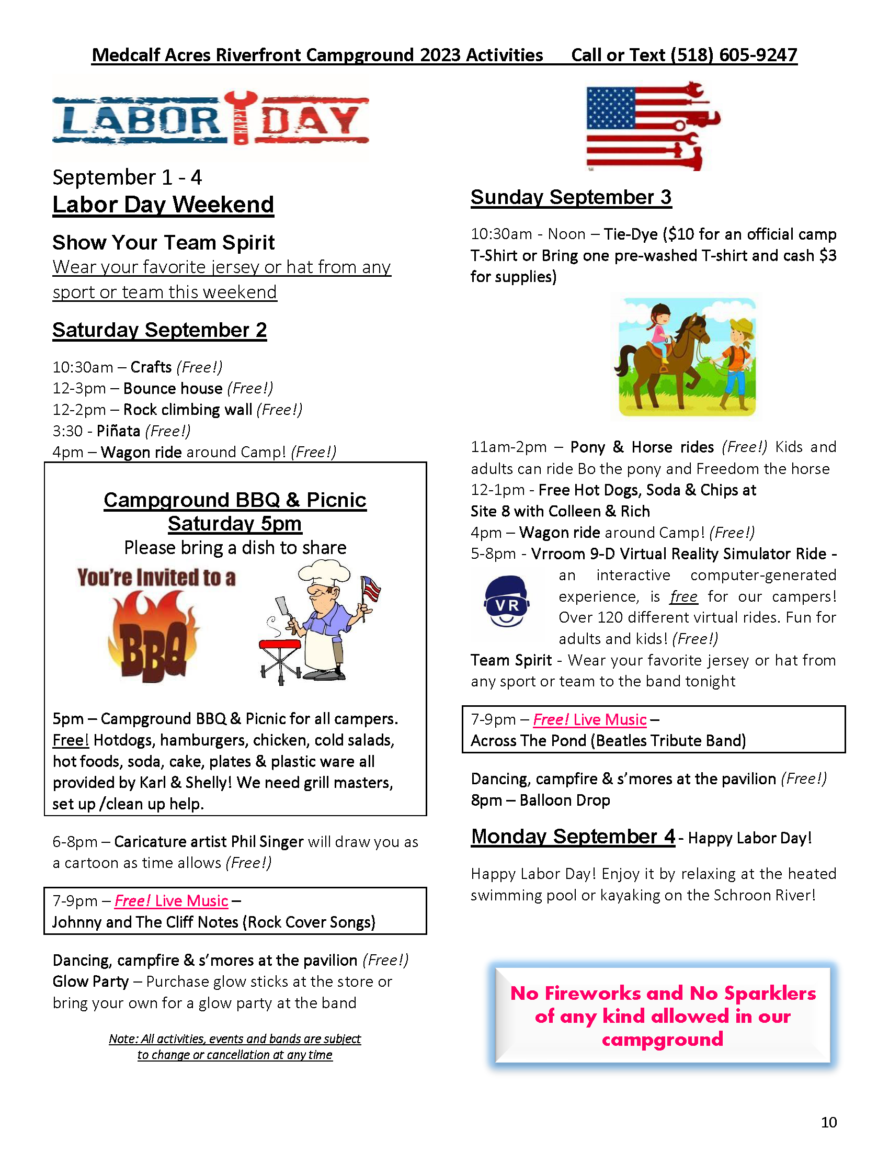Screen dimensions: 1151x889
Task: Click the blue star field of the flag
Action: coord(610,108)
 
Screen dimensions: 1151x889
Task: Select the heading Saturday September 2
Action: coord(159,331)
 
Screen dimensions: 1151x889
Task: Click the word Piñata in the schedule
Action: coord(118,431)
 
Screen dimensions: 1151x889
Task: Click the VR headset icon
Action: coord(506,601)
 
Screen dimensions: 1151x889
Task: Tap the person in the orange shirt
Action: coord(738,358)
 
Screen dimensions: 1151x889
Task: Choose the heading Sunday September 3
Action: coord(571,197)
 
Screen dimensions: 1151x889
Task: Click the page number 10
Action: coord(828,1122)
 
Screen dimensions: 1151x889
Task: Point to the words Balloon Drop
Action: coord(565,800)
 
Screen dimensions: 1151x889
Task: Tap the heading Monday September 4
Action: coord(573,837)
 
